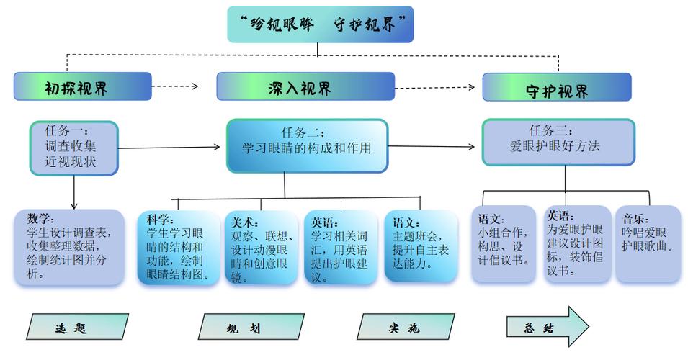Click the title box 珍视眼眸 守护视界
(320, 24)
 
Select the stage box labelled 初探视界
(82, 86)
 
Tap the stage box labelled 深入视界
(305, 86)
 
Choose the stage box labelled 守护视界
(556, 88)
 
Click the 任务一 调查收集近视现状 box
(73, 148)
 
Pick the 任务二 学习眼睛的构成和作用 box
(307, 146)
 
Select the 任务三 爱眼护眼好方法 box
(558, 143)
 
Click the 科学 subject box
(179, 246)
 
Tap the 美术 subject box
(260, 247)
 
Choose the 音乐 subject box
(647, 243)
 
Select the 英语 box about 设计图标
(575, 243)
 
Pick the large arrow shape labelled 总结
(546, 327)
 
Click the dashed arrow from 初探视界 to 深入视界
(175, 86)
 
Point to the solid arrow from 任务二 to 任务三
(432, 147)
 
